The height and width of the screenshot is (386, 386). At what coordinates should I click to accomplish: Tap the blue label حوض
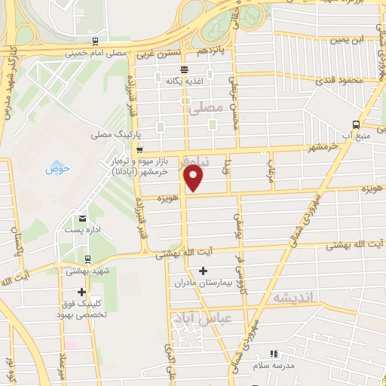pos(57,168)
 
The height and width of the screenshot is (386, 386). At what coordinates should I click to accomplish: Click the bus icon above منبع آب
pos(356,125)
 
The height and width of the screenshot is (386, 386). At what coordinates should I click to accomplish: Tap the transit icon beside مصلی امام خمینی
pos(94,42)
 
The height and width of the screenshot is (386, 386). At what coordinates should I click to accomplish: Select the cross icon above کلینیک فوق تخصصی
pos(82,293)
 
